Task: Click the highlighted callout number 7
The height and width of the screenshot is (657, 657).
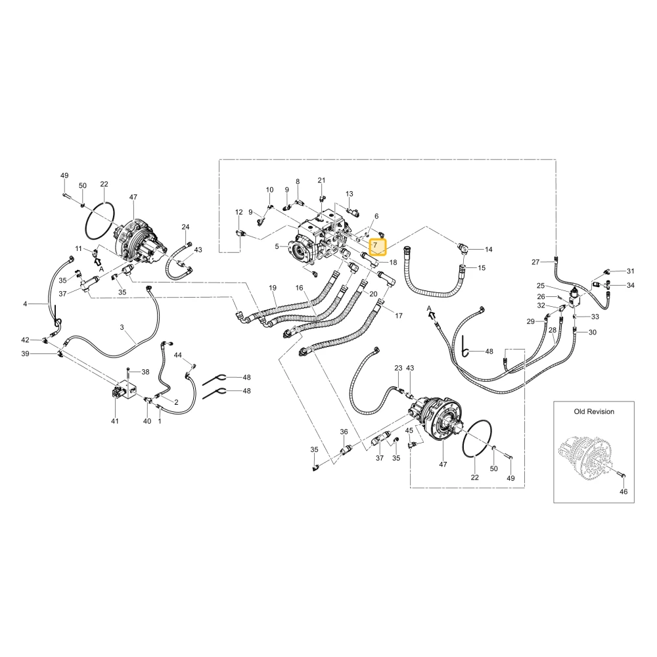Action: [x=375, y=245]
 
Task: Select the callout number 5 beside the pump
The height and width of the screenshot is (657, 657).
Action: [x=277, y=247]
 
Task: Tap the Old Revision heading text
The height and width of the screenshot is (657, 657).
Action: [x=594, y=411]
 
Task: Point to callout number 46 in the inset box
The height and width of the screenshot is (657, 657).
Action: [x=623, y=491]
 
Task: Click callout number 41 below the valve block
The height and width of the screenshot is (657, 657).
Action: [x=115, y=421]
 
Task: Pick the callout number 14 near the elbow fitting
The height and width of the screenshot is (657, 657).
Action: [x=489, y=249]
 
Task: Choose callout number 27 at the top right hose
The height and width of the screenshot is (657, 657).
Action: [x=535, y=262]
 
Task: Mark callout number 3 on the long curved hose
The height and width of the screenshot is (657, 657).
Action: [x=122, y=327]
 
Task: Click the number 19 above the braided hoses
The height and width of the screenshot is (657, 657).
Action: [x=273, y=288]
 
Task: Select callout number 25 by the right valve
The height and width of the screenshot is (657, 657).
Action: [x=541, y=286]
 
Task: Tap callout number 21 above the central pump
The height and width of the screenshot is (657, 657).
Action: [x=321, y=180]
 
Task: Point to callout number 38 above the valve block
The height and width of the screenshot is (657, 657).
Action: [x=145, y=372]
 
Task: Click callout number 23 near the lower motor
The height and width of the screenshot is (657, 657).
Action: [x=398, y=368]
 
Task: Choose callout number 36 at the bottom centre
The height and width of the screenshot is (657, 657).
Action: [x=344, y=432]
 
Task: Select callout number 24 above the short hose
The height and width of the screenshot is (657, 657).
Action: [x=186, y=227]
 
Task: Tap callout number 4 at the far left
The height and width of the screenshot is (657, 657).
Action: [x=25, y=304]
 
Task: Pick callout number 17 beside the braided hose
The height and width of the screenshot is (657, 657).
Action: [x=399, y=315]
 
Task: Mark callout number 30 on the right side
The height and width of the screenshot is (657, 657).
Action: [x=593, y=332]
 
